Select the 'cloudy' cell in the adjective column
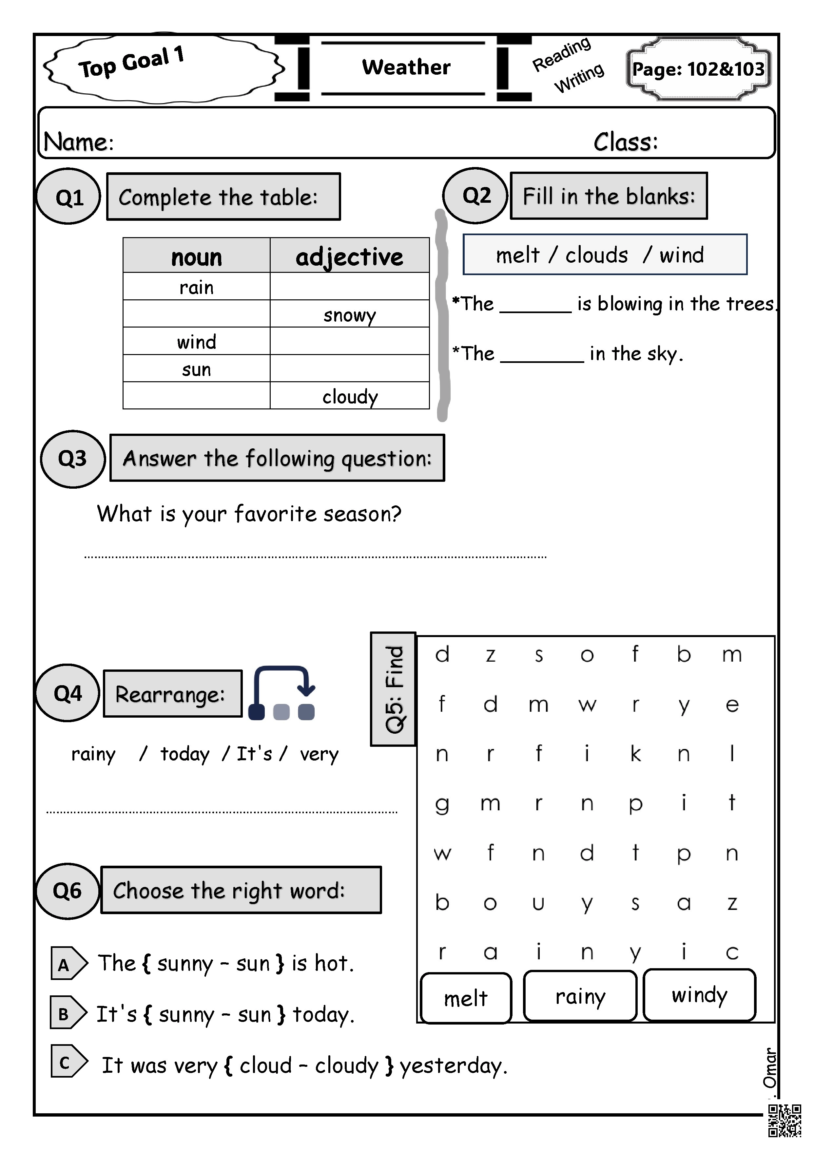(x=349, y=396)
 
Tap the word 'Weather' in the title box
(x=406, y=67)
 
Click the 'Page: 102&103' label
(x=698, y=69)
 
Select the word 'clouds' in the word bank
(x=596, y=255)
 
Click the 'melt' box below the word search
(x=466, y=998)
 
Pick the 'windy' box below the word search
(x=699, y=995)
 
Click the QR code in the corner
(x=784, y=1121)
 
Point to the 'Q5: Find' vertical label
(x=394, y=689)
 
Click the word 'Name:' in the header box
(x=79, y=142)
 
